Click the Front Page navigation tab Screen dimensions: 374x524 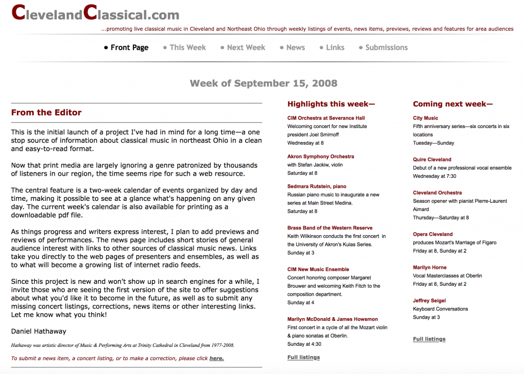point(129,48)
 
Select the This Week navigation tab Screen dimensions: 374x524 point(187,48)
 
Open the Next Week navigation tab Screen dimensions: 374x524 point(246,48)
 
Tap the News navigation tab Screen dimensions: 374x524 point(295,48)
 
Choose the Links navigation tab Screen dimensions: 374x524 point(335,48)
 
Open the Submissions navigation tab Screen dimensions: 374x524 point(386,48)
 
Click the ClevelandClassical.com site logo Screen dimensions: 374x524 point(95,13)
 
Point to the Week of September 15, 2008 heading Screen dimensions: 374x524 point(264,83)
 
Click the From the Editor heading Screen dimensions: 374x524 point(46,113)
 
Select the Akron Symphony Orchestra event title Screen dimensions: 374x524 point(320,156)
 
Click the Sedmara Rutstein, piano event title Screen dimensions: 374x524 point(317,186)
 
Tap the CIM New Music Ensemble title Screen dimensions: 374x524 point(318,269)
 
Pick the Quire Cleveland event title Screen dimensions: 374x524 point(432,159)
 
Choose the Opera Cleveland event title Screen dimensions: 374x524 point(432,234)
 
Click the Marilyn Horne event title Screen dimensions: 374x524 point(429,267)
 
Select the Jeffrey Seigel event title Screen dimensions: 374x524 point(429,301)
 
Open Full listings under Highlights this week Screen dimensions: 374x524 point(303,358)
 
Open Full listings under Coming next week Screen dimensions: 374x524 point(429,339)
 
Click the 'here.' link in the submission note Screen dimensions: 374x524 point(216,359)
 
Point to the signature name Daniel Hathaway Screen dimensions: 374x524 point(38,331)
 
